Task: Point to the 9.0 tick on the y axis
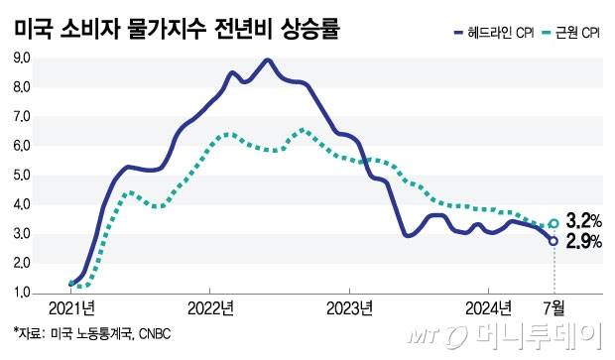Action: (x=21, y=59)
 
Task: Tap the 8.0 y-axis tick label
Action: (x=21, y=88)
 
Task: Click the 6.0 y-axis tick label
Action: (x=21, y=147)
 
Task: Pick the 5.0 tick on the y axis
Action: (x=21, y=177)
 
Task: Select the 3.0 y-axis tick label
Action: (x=21, y=235)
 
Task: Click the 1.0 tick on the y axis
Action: (x=21, y=294)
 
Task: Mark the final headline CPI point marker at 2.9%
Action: (x=553, y=240)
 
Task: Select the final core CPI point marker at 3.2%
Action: (x=553, y=223)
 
